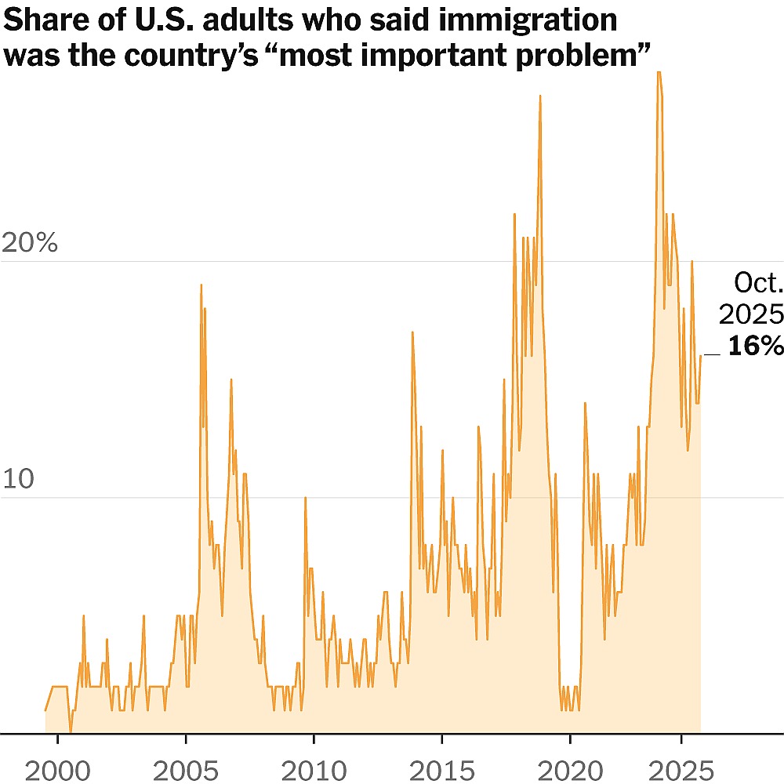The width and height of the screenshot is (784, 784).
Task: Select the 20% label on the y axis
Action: coord(30,243)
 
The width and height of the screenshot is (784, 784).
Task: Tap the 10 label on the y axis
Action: coord(19,480)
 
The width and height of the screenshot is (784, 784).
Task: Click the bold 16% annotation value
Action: coord(755,346)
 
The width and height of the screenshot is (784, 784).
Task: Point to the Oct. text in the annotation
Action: coord(758,282)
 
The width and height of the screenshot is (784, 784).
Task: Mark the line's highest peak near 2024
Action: coord(659,72)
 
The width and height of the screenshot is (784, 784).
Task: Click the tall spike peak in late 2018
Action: coord(540,96)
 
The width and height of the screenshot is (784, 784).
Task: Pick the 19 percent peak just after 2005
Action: coord(201,285)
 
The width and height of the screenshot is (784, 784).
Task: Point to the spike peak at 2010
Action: coord(305,498)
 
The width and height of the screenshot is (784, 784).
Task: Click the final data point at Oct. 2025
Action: coord(700,356)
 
